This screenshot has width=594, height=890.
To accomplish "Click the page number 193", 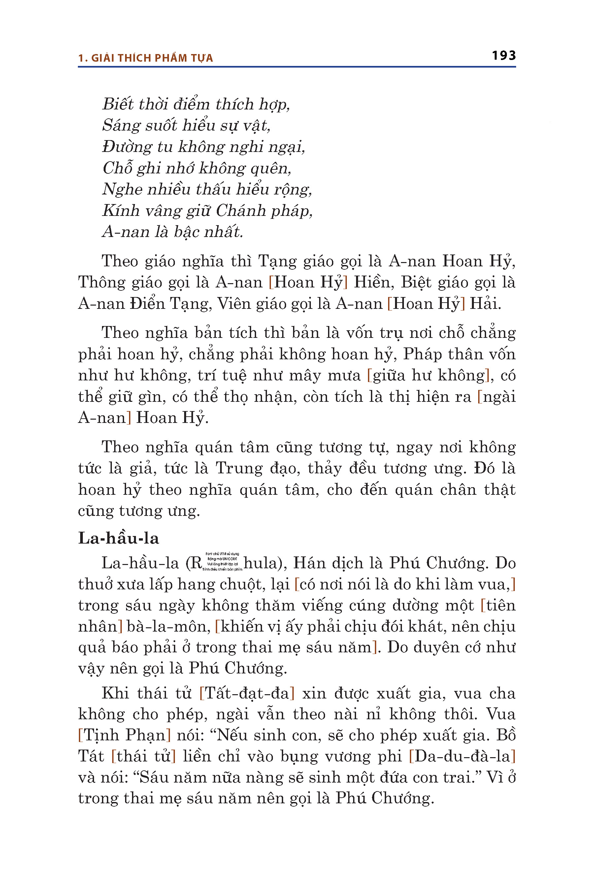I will pyautogui.click(x=504, y=56).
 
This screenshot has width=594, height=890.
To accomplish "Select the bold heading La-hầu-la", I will pyautogui.click(x=118, y=538).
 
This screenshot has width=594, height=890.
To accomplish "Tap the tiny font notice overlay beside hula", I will pyautogui.click(x=222, y=562).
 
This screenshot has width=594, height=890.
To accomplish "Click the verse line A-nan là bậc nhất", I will pyautogui.click(x=172, y=232).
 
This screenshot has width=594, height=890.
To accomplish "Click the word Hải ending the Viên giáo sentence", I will pyautogui.click(x=485, y=304).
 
